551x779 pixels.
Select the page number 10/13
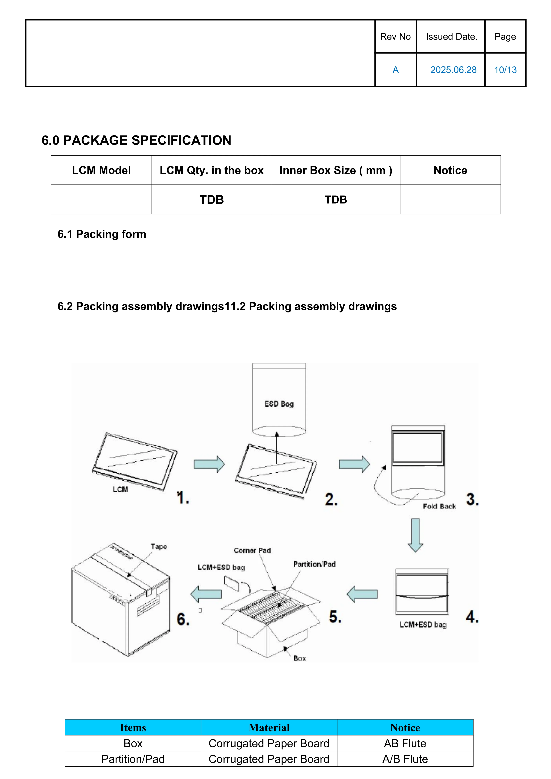click(x=505, y=70)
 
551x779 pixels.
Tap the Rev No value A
click(x=395, y=70)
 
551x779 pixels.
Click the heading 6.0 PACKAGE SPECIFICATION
click(x=136, y=140)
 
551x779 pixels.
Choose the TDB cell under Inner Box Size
click(x=336, y=200)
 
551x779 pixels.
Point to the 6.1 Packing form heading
click(x=102, y=234)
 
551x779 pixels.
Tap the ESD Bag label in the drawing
click(x=279, y=404)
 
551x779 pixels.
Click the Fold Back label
click(x=439, y=506)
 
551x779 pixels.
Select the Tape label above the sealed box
click(x=159, y=546)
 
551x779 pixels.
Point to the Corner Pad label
click(x=252, y=550)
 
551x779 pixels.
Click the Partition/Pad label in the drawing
click(x=314, y=564)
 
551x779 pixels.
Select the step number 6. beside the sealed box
click(x=183, y=619)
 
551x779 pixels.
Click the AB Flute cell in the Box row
click(x=405, y=743)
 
